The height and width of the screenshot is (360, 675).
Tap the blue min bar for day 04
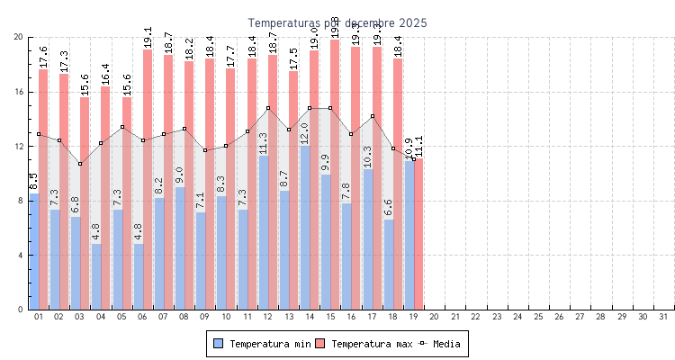[x=96, y=276]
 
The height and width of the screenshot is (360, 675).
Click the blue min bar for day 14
[x=304, y=227]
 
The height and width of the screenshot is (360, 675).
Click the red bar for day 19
[x=418, y=234]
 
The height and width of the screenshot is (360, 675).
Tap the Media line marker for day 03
[x=80, y=164]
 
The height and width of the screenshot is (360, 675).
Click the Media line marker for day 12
[x=267, y=108]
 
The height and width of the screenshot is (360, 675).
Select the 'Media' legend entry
[x=443, y=344]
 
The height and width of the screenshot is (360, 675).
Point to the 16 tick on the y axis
[x=18, y=92]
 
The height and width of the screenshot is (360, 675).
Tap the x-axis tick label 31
[x=663, y=317]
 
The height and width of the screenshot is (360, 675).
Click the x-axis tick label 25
[x=538, y=317]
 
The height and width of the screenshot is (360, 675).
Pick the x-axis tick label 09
[x=205, y=317]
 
